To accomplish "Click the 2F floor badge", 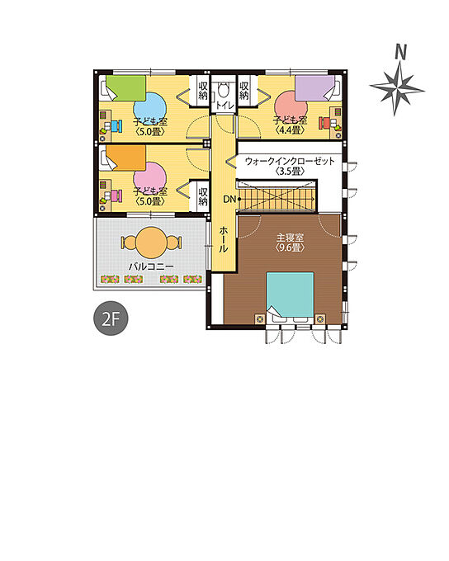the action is click(x=111, y=318).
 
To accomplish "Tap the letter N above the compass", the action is click(x=400, y=52).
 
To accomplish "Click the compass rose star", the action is click(x=397, y=88).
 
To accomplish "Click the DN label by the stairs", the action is click(x=229, y=199).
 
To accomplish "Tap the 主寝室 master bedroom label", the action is click(x=290, y=238).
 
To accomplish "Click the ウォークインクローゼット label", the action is click(x=290, y=162).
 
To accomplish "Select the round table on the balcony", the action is click(x=152, y=243).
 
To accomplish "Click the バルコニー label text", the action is click(x=152, y=266).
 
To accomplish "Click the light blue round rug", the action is click(x=150, y=108).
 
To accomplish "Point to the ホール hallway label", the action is click(x=223, y=239).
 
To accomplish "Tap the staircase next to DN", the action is click(x=276, y=198).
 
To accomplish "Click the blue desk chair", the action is click(x=116, y=126).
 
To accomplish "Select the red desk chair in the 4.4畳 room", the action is click(x=324, y=123).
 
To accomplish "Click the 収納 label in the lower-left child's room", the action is click(x=203, y=196).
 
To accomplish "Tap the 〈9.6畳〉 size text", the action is click(x=290, y=247).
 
